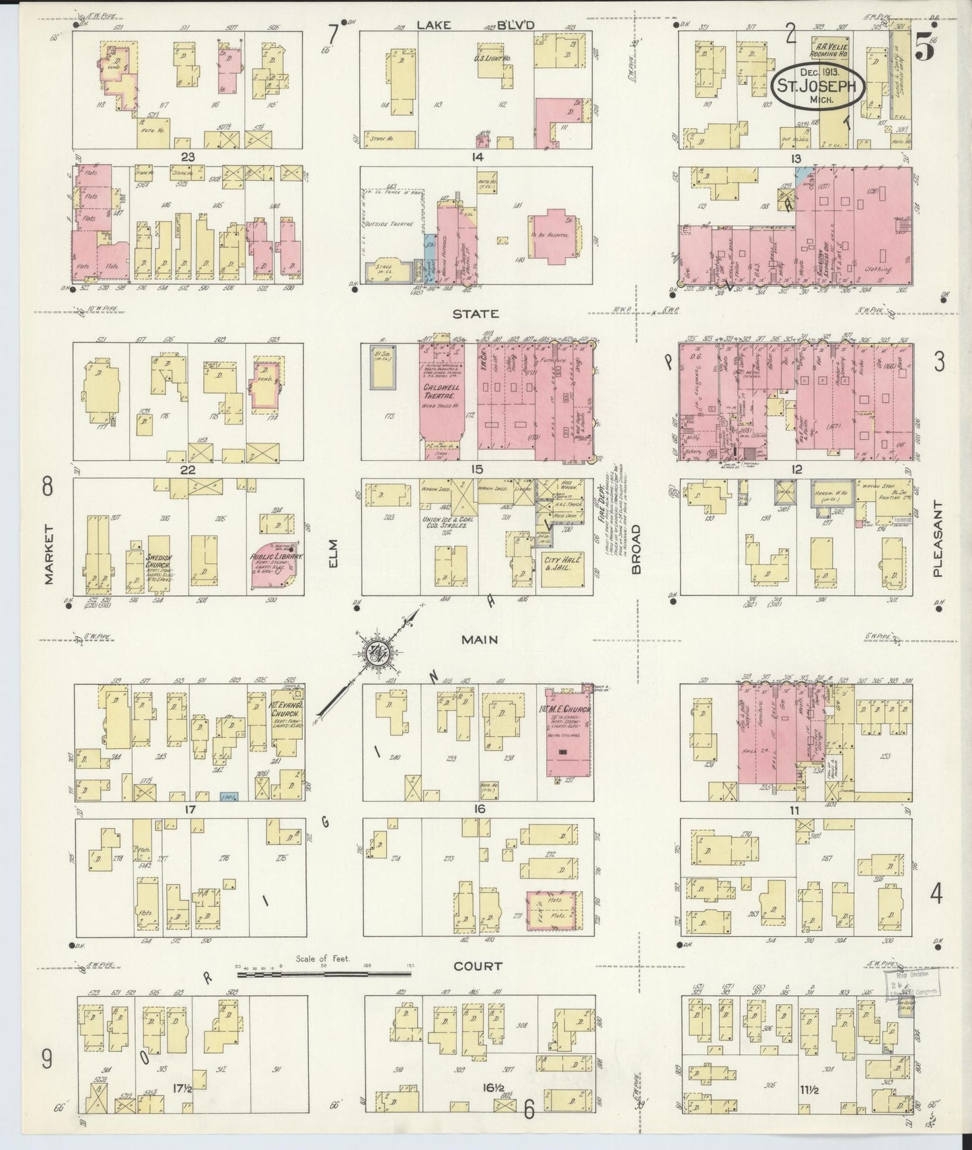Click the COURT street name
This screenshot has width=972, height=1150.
pos(478,966)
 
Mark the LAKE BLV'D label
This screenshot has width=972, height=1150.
pos(475,25)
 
